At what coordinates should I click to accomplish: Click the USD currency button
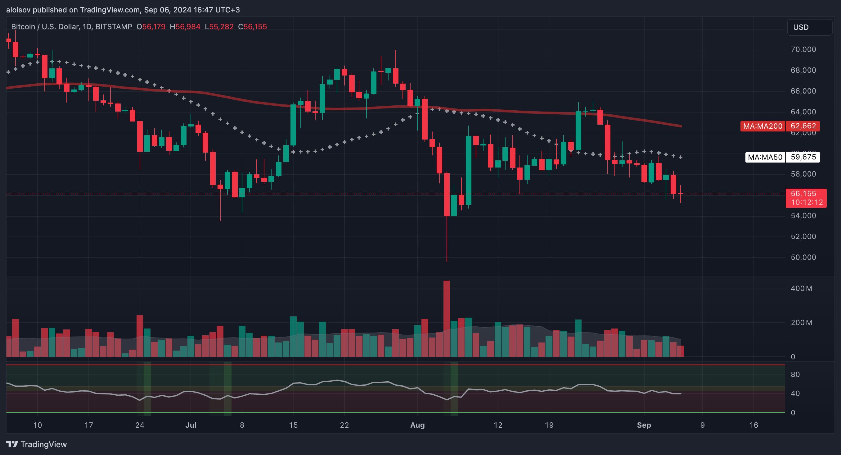pyautogui.click(x=810, y=27)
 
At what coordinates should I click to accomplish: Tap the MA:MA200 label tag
pyautogui.click(x=763, y=126)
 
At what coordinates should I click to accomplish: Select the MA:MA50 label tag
pyautogui.click(x=765, y=157)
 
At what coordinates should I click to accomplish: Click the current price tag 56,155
pyautogui.click(x=805, y=194)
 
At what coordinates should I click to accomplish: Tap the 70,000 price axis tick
pyautogui.click(x=803, y=49)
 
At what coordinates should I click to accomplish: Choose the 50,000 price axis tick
pyautogui.click(x=803, y=257)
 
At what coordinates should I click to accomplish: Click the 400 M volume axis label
pyautogui.click(x=801, y=288)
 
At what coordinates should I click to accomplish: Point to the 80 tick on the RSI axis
pyautogui.click(x=795, y=374)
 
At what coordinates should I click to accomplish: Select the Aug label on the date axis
pyautogui.click(x=417, y=425)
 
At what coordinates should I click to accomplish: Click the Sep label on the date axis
pyautogui.click(x=644, y=425)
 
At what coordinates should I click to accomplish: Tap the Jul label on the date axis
pyautogui.click(x=191, y=425)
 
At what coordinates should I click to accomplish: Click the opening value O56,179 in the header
pyautogui.click(x=151, y=27)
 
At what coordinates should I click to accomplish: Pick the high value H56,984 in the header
pyautogui.click(x=185, y=27)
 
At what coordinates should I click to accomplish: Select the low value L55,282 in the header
pyautogui.click(x=219, y=27)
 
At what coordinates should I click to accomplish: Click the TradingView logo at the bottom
pyautogui.click(x=37, y=444)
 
